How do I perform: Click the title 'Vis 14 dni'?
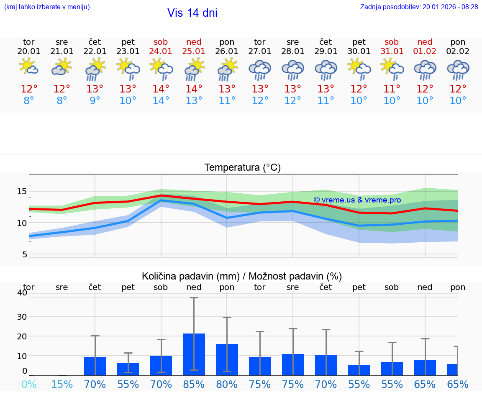pos(192,13)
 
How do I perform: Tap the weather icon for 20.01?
pos(29,67)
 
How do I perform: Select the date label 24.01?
pos(161,51)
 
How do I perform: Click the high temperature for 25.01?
pos(194,89)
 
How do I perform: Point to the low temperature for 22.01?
pos(95,101)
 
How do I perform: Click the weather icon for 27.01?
pos(260,69)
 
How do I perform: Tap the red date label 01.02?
pos(425,51)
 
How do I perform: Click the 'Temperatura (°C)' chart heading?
pos(242,168)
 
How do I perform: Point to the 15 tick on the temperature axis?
pos(22,191)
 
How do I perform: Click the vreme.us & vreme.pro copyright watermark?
pos(357,200)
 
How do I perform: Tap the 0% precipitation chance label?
pos(29,384)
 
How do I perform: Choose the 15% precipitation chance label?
pos(62,384)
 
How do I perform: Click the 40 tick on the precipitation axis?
pos(22,293)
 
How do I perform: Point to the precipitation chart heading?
pos(242,276)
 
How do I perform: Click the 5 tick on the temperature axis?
pos(25,254)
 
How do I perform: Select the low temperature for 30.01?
pos(359,101)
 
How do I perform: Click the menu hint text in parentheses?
pos(47,7)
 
